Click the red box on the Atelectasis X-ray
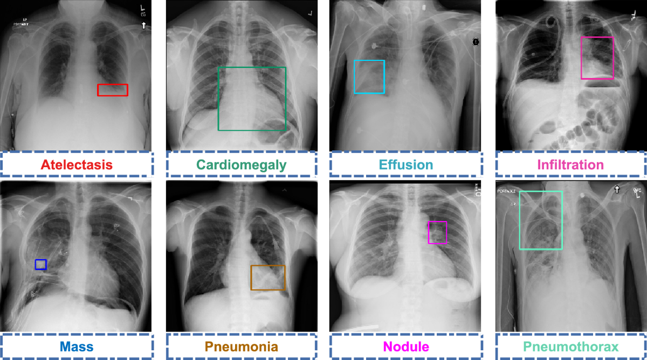click(113, 90)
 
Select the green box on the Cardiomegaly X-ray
click(252, 99)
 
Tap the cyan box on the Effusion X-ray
click(369, 77)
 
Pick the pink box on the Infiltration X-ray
click(597, 58)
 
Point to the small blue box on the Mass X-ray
click(40, 264)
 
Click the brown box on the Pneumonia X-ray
click(268, 278)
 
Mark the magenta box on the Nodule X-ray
click(437, 232)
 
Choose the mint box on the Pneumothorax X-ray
click(541, 220)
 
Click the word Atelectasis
click(75, 164)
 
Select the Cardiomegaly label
click(241, 164)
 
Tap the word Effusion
click(406, 164)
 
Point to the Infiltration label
click(570, 164)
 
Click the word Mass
click(75, 346)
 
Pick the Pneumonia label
click(241, 346)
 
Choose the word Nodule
click(406, 346)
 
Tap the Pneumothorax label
click(570, 346)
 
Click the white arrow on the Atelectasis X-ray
click(143, 25)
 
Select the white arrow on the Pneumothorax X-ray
click(616, 189)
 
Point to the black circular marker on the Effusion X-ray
click(476, 41)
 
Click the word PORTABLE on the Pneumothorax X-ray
click(507, 191)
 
